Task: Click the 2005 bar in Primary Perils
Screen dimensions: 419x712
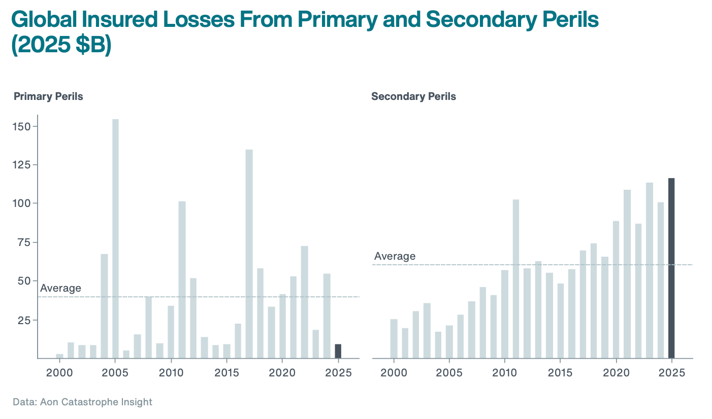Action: [115, 238]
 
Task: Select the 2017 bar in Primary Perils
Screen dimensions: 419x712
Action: [249, 254]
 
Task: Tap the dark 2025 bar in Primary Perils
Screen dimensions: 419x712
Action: [338, 351]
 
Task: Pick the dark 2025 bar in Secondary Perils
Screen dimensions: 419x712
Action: [671, 268]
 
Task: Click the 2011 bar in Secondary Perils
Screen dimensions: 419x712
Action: [516, 279]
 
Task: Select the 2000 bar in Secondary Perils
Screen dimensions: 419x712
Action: [394, 338]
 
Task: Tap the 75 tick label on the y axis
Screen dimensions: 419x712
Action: [23, 242]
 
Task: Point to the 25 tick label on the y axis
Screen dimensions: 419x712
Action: [23, 320]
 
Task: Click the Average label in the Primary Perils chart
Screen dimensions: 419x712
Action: [60, 288]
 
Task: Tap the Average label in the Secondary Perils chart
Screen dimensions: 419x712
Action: [395, 256]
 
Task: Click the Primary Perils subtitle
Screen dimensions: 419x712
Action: [48, 96]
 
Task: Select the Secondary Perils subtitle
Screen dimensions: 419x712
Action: [413, 96]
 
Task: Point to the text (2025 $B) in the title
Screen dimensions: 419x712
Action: [61, 45]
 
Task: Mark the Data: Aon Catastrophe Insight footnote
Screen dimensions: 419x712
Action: [82, 402]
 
